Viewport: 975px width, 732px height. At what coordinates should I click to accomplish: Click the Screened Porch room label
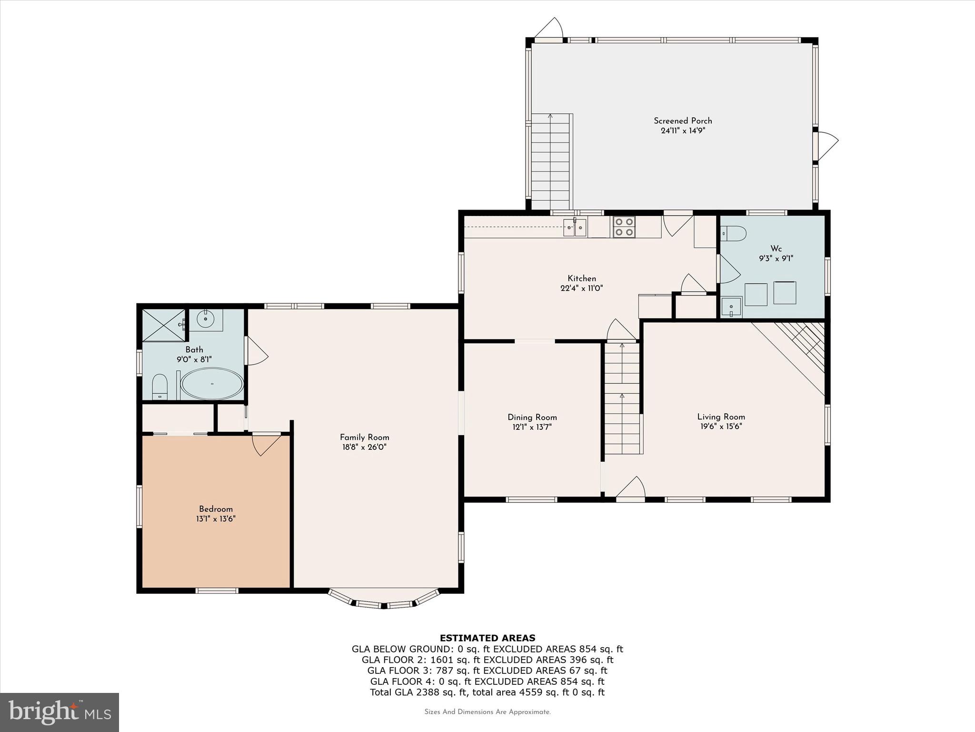[683, 121]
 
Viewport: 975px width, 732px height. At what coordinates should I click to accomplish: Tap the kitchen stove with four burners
[624, 227]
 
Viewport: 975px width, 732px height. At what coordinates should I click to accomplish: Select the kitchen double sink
[575, 228]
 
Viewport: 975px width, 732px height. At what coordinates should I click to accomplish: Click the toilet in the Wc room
[733, 234]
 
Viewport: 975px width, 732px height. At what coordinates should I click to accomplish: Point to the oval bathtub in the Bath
[212, 384]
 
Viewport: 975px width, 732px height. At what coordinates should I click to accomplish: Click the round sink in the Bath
[206, 320]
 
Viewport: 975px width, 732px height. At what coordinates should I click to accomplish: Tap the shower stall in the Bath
[164, 325]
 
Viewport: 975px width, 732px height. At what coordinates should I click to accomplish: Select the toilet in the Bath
[159, 386]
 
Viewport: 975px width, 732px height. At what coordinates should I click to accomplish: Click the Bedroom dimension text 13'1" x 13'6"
[216, 519]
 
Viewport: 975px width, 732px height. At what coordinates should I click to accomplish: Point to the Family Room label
[364, 437]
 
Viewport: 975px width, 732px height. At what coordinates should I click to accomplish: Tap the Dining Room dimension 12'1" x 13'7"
[532, 427]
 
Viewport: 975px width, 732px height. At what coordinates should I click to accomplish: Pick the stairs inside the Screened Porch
[551, 162]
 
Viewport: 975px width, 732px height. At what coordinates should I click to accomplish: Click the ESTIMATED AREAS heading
[487, 638]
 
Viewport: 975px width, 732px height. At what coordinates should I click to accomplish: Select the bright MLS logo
[60, 712]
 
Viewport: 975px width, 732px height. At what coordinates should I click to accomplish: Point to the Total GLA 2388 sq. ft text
[487, 692]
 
